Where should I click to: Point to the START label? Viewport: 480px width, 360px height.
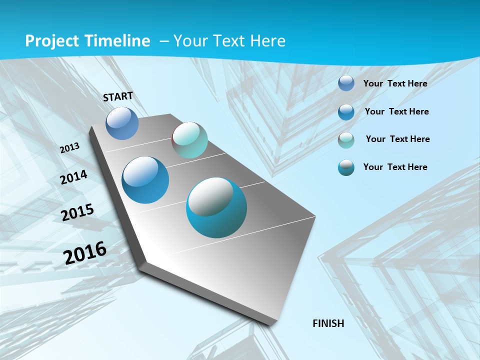118,96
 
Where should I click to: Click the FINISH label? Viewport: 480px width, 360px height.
328,323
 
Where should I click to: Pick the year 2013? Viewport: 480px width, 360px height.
70,148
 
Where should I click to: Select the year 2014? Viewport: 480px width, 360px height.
74,177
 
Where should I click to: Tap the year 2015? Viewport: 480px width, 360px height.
77,212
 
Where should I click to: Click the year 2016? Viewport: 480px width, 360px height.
85,252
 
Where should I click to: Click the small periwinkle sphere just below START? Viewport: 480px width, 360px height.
122,123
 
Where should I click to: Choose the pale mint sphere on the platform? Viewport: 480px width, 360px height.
189,140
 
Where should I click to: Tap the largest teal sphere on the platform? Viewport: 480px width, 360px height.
216,207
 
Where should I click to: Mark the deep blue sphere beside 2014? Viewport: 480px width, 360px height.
145,180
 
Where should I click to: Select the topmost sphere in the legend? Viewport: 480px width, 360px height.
346,83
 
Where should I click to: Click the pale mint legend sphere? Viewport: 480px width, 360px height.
346,140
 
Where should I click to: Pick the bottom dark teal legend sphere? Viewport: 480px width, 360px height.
346,167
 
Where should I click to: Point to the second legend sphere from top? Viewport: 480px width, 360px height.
346,112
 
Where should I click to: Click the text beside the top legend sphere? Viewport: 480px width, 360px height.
395,83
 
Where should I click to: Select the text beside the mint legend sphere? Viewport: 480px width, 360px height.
397,139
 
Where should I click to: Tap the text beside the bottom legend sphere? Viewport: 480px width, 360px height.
395,167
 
